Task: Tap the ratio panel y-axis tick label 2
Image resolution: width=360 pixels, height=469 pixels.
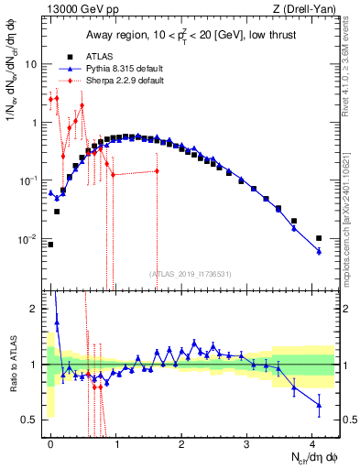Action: pos(36,309)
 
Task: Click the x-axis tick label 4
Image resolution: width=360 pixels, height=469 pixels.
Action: pos(313,445)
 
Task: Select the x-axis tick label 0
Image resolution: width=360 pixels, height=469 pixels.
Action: pos(50,445)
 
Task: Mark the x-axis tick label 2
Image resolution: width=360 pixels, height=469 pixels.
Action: pos(182,445)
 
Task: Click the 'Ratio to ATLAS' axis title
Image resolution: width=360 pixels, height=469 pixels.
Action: pos(12,365)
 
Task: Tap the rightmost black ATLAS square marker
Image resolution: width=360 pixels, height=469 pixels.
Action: pos(319,238)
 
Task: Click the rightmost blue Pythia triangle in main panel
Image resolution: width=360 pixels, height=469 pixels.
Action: pos(319,251)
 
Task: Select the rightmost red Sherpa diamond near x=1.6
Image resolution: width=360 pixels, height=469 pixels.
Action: pos(157,171)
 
